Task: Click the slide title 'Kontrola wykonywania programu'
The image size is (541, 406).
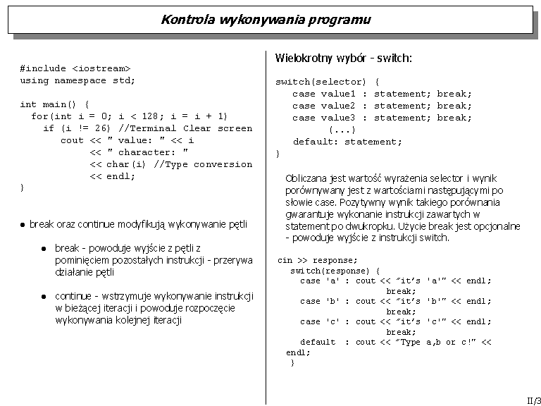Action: tap(266, 19)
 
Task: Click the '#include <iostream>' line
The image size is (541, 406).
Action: tap(75, 68)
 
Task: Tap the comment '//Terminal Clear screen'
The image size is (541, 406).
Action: tap(185, 128)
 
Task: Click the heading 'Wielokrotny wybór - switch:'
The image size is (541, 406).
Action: tap(344, 58)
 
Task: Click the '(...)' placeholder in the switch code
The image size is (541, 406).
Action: tap(342, 130)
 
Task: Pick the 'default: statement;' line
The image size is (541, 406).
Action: tap(348, 142)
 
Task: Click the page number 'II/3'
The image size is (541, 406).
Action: tap(533, 399)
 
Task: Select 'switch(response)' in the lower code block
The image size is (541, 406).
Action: tap(330, 271)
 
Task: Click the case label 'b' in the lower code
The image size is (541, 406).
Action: tap(332, 301)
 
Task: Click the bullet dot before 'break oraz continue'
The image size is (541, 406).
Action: tap(23, 225)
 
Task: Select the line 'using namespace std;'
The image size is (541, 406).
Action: tap(77, 80)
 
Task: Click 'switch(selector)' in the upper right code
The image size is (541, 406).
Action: tap(321, 82)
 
